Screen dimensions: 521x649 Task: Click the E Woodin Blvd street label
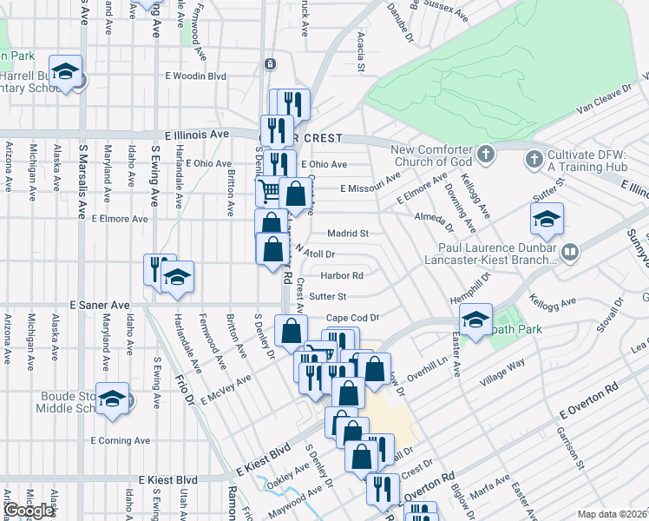(196, 76)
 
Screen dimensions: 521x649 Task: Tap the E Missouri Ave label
(370, 188)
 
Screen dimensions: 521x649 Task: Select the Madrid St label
(348, 234)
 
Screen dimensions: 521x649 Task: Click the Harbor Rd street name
(341, 276)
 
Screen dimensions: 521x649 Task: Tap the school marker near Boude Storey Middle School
(113, 399)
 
